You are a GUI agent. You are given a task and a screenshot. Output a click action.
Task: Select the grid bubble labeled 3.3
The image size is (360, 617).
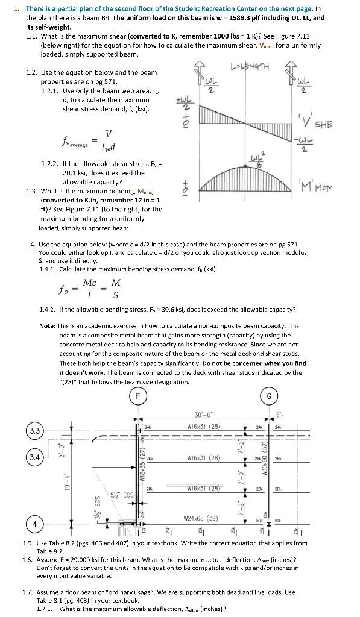[18, 431]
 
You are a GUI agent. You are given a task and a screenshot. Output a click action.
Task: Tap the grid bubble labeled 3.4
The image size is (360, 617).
[18, 458]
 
